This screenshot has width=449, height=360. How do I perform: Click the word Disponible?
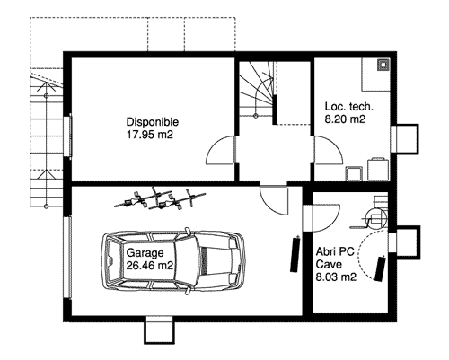(x=153, y=122)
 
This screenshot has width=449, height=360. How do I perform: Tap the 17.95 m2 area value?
(x=150, y=135)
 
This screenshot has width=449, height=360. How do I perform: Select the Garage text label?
(x=145, y=253)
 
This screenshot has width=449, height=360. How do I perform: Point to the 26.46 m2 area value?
(x=150, y=266)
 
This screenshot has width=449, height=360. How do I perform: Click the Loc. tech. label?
(x=349, y=107)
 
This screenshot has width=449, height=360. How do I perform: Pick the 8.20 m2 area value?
(x=345, y=119)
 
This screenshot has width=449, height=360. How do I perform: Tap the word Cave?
(x=329, y=265)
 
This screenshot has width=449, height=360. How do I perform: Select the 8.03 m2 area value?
(x=336, y=277)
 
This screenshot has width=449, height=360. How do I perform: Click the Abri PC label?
(x=335, y=251)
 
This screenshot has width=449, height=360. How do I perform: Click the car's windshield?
(x=186, y=259)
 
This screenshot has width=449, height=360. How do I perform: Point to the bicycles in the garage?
(x=160, y=198)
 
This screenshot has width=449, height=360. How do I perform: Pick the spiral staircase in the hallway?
(x=256, y=89)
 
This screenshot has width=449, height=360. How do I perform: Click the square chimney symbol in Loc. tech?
(x=383, y=65)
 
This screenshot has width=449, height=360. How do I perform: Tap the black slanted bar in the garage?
(x=295, y=254)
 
